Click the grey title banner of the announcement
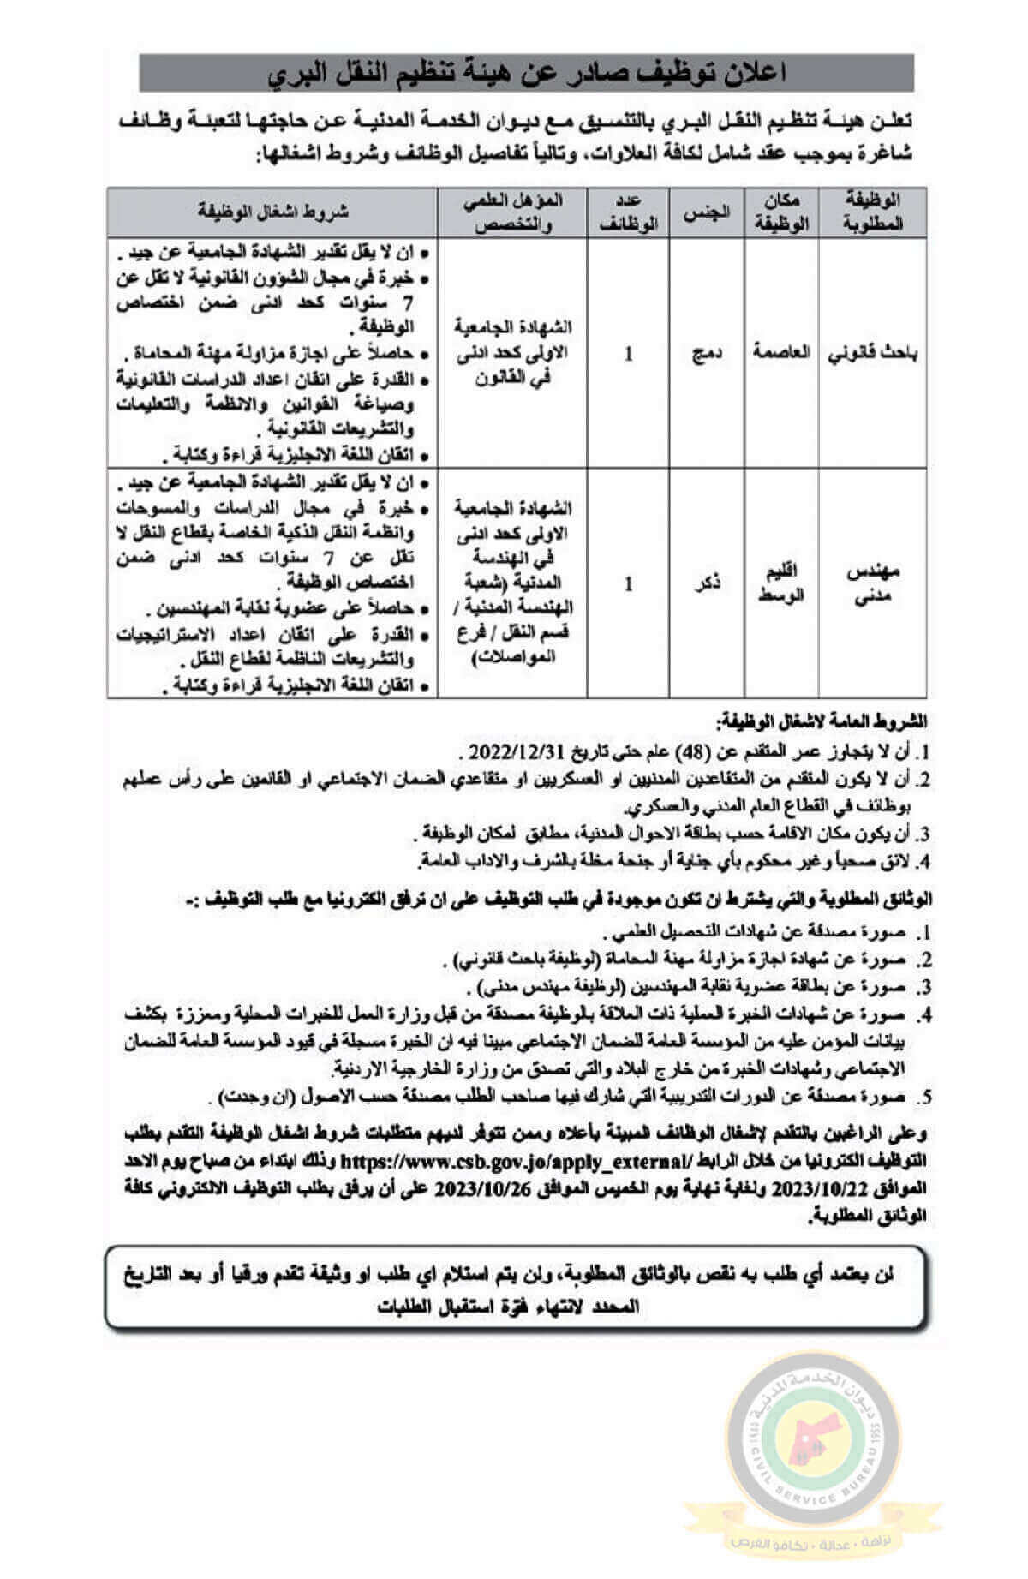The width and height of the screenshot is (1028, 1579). pyautogui.click(x=526, y=73)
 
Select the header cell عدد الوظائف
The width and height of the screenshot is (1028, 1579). pyautogui.click(x=628, y=212)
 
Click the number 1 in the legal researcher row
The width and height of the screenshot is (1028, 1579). pyautogui.click(x=629, y=353)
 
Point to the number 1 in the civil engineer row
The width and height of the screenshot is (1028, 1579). pyautogui.click(x=629, y=584)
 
